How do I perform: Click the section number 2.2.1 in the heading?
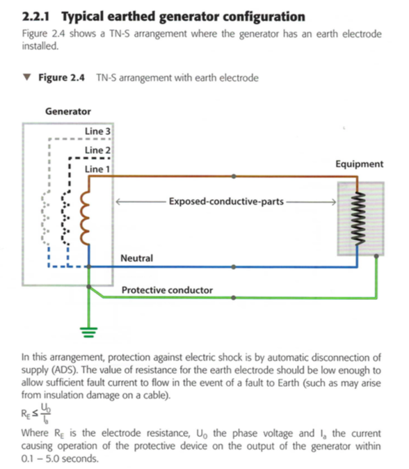35,17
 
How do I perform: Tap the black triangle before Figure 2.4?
27,77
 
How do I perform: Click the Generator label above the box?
68,111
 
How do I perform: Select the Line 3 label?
97,131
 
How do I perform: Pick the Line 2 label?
97,150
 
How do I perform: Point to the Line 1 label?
97,169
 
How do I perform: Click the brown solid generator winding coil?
84,218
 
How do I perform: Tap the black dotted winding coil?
66,218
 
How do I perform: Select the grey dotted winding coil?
45,218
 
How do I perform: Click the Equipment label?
359,164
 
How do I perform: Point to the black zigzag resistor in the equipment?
358,218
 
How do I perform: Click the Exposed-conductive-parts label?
226,201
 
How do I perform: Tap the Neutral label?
136,258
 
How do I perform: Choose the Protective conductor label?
167,290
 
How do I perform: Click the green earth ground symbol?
89,333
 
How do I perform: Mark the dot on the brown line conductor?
234,177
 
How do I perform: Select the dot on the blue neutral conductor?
234,267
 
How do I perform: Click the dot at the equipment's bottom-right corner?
376,256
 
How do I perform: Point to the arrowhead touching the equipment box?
333,202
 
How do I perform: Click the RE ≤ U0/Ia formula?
36,413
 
